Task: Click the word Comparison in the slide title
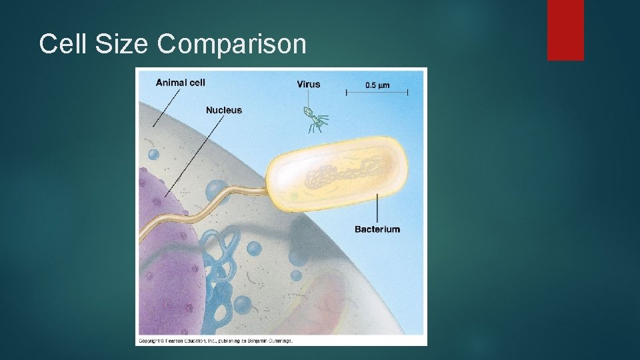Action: [x=232, y=45]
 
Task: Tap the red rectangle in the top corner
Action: [x=565, y=30]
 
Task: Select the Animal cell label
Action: [x=180, y=83]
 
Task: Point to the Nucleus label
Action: [x=223, y=110]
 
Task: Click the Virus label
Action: [x=308, y=84]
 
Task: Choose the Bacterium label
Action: [x=377, y=229]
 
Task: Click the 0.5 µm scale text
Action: [x=377, y=85]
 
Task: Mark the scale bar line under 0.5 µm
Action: [x=377, y=93]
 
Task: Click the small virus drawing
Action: [x=313, y=119]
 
